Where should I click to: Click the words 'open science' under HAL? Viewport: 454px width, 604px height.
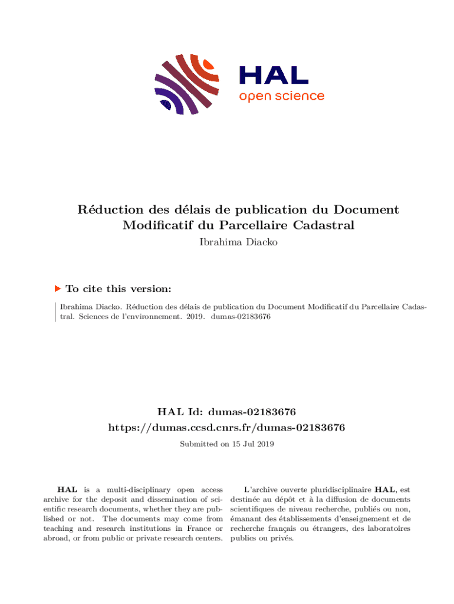(281, 96)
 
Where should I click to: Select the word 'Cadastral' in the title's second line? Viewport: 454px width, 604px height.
(322, 225)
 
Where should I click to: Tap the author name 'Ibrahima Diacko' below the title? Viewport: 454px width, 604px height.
(226, 241)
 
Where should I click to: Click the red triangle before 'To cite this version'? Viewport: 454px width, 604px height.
(58, 288)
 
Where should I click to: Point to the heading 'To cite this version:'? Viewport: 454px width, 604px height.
(119, 289)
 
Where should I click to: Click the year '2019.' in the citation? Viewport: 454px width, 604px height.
(195, 316)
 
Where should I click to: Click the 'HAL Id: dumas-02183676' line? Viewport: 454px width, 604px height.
(226, 411)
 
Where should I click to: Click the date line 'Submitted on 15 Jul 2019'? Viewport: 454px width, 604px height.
(226, 443)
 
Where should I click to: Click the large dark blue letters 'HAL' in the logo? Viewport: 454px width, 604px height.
(273, 74)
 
